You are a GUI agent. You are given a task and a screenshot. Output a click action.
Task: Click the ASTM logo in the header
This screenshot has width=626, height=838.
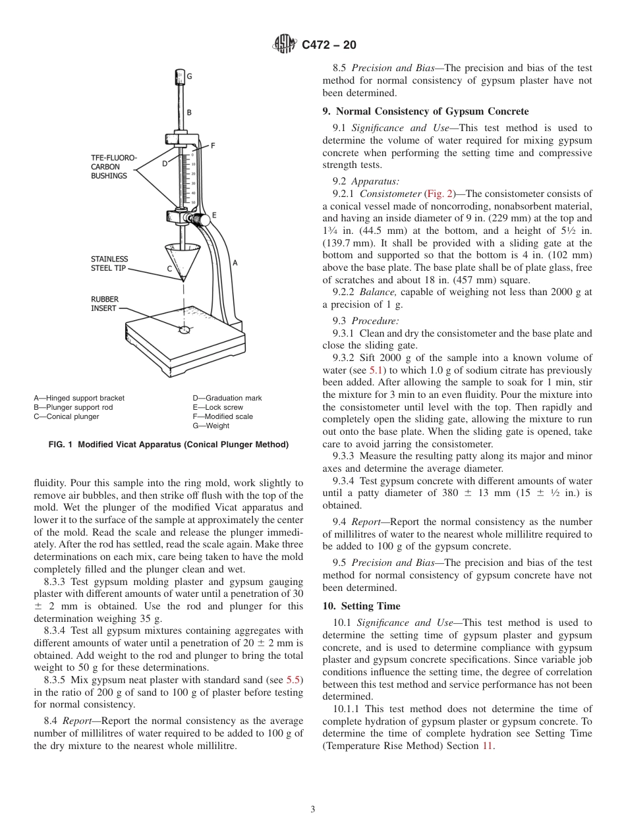coord(285,45)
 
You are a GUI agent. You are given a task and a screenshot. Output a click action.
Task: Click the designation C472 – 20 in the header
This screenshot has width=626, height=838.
coord(329,45)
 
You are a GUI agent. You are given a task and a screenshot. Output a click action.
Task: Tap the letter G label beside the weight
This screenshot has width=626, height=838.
coord(190,76)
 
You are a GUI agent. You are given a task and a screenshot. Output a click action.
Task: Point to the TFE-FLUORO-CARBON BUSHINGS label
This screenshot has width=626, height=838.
coord(113,167)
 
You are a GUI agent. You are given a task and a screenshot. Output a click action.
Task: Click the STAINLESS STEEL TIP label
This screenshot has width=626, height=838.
coord(109,264)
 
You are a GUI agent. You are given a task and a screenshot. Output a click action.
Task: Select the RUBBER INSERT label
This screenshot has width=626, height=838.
coord(105,304)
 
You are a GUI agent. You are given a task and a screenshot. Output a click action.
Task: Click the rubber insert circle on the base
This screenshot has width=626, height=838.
coord(185,329)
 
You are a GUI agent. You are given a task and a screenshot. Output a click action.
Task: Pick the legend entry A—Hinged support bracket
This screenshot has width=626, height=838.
coord(79,398)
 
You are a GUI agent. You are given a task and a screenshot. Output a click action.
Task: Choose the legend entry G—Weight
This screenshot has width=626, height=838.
coord(211,426)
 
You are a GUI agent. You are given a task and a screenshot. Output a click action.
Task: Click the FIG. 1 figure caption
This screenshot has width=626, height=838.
coord(168,445)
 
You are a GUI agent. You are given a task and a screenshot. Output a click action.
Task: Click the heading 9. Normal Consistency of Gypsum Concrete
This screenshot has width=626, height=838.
coord(425,111)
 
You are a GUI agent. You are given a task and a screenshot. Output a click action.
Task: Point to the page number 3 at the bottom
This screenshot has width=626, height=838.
coord(313,810)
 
